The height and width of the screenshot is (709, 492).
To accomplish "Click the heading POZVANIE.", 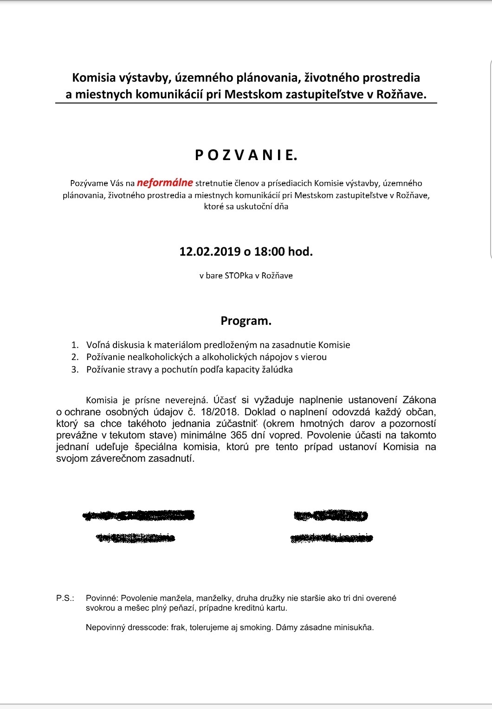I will [x=246, y=155].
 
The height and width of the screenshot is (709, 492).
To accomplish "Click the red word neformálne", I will [x=165, y=183].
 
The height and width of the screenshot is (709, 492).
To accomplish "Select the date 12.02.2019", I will [x=209, y=251].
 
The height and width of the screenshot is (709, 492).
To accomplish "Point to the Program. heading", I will [x=246, y=321].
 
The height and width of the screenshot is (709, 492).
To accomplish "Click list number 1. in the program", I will [x=75, y=345].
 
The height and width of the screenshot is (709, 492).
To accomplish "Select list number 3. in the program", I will [x=75, y=370].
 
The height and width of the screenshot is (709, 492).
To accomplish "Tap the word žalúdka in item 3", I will [x=278, y=370].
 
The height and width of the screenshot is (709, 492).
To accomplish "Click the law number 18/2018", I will [x=220, y=412].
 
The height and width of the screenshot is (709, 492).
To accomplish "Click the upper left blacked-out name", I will [x=138, y=515].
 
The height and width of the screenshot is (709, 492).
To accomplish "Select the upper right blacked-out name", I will [x=331, y=516].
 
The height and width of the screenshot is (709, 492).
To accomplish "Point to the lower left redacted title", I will [x=136, y=538].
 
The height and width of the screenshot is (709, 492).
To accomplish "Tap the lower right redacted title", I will [x=332, y=538].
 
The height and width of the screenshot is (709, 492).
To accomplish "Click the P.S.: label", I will [x=65, y=598].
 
